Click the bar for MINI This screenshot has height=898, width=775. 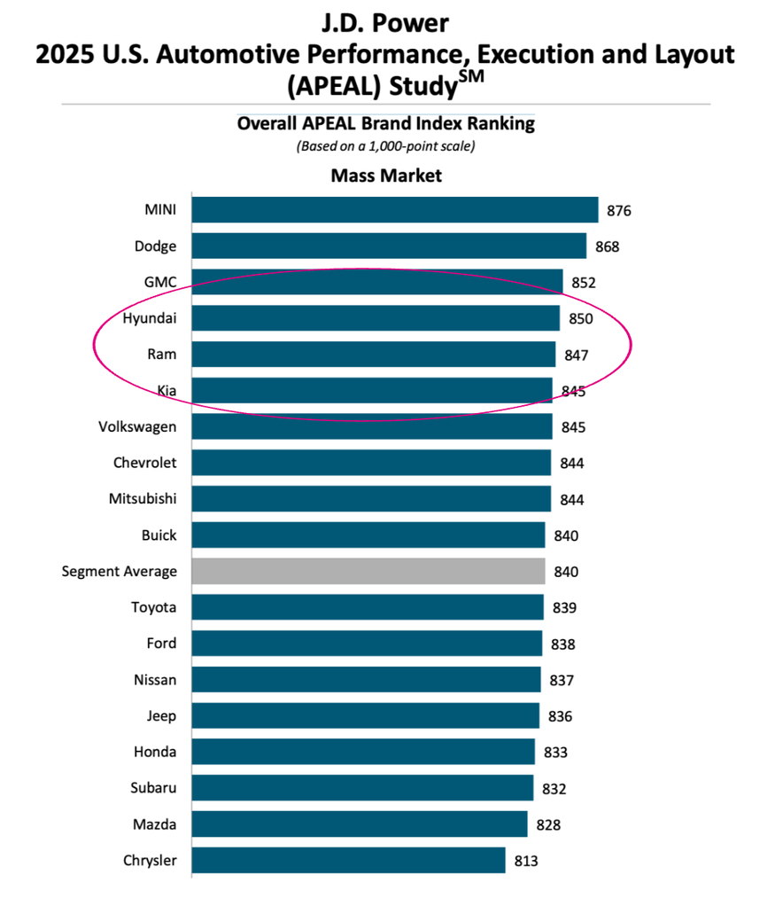click(395, 210)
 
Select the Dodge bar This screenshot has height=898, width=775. click(389, 246)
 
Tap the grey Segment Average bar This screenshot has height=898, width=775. click(368, 571)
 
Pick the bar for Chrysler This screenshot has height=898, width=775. click(348, 860)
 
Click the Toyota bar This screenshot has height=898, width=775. click(368, 607)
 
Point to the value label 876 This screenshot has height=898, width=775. click(619, 211)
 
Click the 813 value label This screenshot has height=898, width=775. click(525, 861)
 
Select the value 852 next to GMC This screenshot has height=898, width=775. click(584, 283)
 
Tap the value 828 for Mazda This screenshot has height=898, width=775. click(547, 824)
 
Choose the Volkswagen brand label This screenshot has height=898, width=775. click(137, 426)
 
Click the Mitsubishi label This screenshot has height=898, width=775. click(143, 498)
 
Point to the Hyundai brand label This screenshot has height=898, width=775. click(150, 318)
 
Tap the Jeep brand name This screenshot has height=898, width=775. click(161, 715)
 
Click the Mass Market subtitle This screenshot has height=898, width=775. click(386, 176)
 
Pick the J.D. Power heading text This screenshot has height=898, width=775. click(385, 23)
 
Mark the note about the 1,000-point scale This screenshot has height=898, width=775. click(386, 146)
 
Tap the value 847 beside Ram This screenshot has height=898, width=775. click(577, 355)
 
